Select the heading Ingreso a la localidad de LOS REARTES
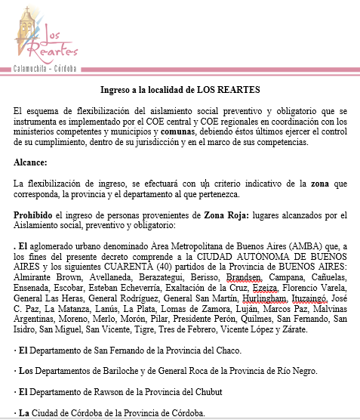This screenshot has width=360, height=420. [x=180, y=89]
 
